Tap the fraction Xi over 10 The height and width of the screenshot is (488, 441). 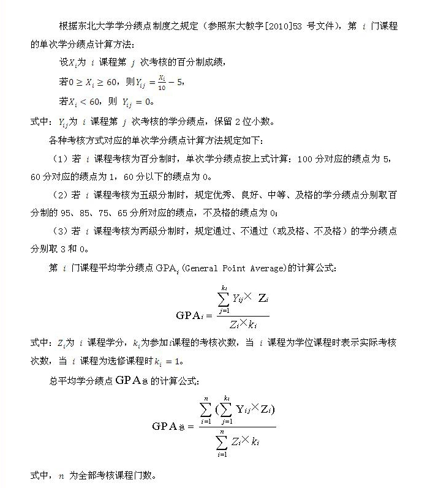[x=161, y=81]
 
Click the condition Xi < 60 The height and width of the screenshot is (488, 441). [x=85, y=102]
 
